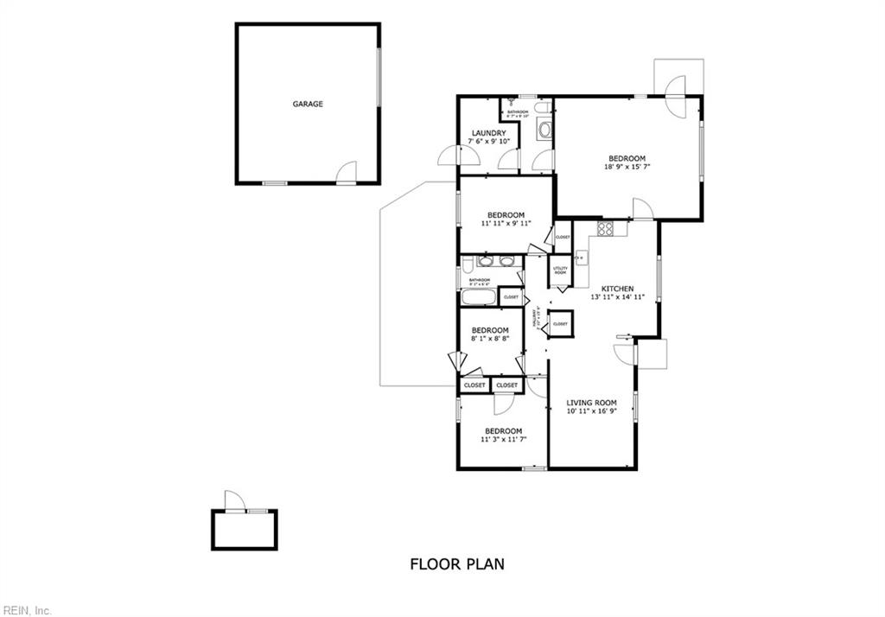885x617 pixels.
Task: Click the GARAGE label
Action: point(308,104)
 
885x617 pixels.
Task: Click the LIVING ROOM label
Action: point(591,403)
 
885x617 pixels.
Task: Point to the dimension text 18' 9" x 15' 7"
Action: point(627,167)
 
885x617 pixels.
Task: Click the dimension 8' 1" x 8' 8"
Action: point(489,339)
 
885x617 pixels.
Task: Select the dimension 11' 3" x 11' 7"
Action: point(503,440)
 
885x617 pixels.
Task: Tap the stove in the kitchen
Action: point(606,229)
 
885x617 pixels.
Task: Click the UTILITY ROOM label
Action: point(560,270)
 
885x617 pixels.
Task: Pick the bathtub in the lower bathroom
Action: point(478,298)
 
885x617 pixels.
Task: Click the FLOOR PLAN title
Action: point(456,564)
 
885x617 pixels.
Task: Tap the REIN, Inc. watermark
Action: point(26,610)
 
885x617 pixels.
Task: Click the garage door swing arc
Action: point(347,171)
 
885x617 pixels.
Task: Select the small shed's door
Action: point(234,501)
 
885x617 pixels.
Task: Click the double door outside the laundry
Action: point(459,156)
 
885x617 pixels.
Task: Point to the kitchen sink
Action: point(581,257)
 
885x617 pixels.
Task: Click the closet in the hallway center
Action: point(561,322)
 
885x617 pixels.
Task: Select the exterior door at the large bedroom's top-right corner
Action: point(676,86)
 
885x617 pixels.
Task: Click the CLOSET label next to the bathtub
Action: point(511,297)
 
